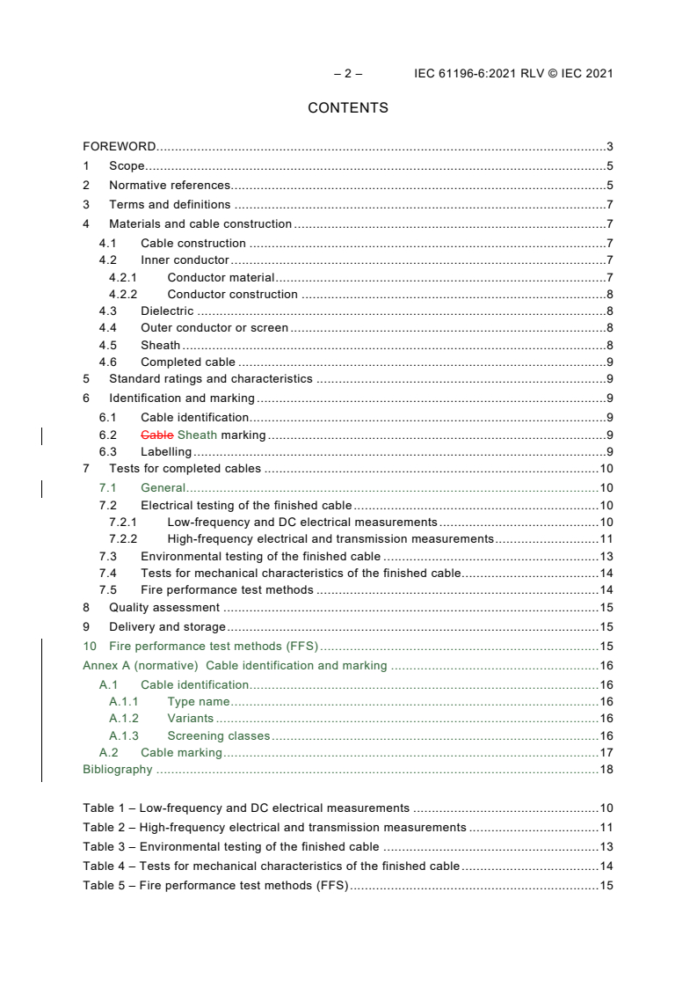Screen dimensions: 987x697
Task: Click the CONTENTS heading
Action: tap(348, 108)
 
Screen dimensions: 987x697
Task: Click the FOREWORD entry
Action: tap(120, 146)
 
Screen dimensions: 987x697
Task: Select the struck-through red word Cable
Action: tap(157, 435)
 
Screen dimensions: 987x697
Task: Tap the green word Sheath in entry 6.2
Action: tap(197, 435)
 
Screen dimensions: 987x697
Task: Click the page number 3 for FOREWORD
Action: tap(609, 146)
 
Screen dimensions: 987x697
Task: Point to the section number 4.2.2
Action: tap(123, 294)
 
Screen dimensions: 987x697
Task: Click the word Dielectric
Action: tap(167, 311)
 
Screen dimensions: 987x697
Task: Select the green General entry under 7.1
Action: tap(163, 487)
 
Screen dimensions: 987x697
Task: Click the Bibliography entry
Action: tap(118, 770)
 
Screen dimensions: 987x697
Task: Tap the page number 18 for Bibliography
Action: tap(606, 770)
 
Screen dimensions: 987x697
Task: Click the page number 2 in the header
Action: tap(348, 74)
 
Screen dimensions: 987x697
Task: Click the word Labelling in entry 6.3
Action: tap(166, 452)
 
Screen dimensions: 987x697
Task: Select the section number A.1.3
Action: tap(124, 735)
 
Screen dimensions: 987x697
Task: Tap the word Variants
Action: tap(190, 718)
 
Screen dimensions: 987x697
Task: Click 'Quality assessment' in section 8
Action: tap(164, 607)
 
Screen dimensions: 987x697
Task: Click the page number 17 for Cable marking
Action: tap(606, 752)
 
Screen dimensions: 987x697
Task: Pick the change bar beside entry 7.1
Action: tap(43, 487)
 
